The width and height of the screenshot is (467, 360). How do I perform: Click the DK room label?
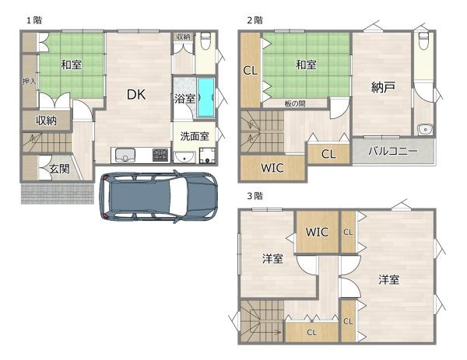(x=136, y=95)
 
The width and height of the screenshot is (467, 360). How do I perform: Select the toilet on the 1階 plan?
(x=205, y=41)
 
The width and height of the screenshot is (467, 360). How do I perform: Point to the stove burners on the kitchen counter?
(x=160, y=155)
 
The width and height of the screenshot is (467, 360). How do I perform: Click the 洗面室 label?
(x=195, y=136)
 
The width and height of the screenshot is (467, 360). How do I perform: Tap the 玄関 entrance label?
(x=59, y=169)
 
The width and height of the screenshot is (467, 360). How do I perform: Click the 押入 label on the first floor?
(x=30, y=81)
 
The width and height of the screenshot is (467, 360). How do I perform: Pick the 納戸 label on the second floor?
(x=383, y=87)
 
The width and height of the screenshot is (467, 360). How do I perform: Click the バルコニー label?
(x=393, y=152)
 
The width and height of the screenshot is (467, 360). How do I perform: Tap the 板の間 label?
(x=295, y=104)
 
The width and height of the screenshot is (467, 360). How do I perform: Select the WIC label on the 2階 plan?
(x=272, y=168)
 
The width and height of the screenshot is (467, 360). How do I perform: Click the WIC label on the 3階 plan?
(x=318, y=232)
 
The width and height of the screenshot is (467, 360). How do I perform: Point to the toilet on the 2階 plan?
(x=423, y=41)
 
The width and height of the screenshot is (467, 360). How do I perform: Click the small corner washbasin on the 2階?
(x=425, y=129)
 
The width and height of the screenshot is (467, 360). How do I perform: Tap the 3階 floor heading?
(x=255, y=196)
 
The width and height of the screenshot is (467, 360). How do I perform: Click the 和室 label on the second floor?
(x=306, y=65)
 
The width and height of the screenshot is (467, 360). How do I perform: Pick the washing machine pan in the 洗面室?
(x=207, y=156)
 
